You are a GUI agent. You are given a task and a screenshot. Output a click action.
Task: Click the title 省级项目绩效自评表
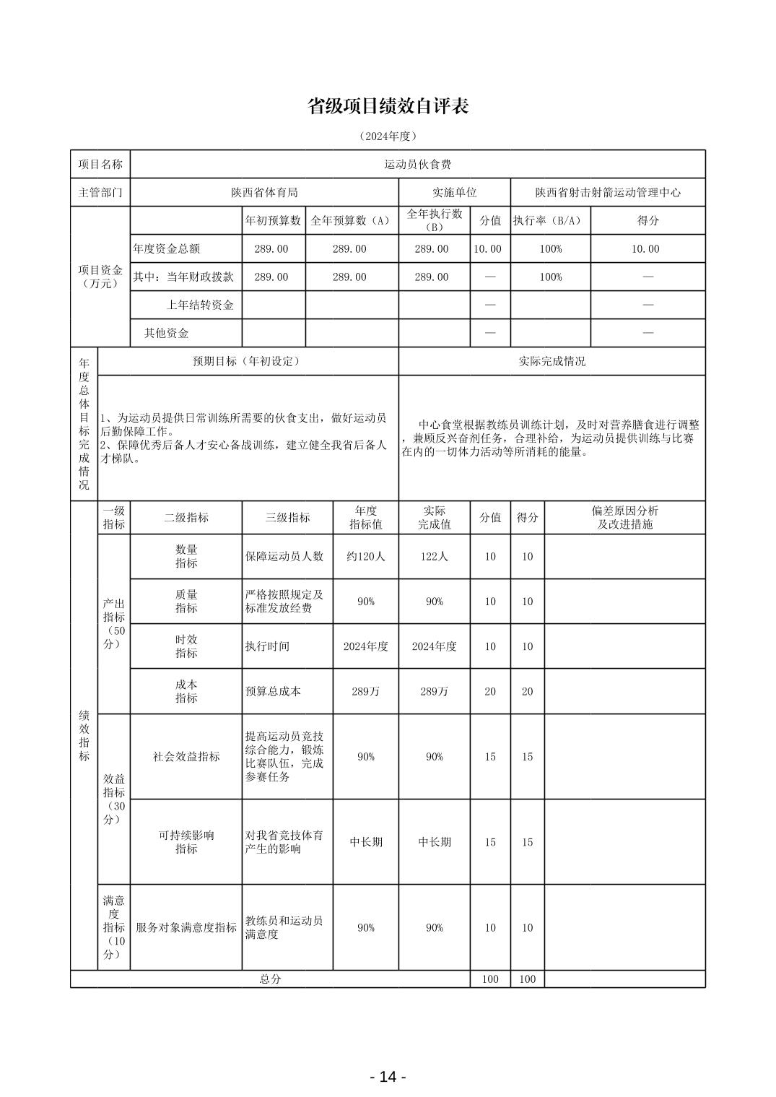(388, 106)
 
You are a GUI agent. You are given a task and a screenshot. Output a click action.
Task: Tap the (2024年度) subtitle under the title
(388, 136)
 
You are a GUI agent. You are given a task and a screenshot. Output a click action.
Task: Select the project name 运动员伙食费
(417, 165)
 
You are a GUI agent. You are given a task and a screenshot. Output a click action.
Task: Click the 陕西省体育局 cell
(264, 192)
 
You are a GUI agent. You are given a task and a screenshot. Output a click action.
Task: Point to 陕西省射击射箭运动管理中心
(608, 193)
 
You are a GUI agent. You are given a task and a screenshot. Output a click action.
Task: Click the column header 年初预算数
(274, 220)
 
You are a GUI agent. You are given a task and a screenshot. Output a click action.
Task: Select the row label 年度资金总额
(167, 248)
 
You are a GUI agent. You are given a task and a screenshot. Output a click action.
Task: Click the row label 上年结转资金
(200, 305)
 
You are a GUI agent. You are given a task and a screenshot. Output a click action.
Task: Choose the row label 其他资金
(167, 333)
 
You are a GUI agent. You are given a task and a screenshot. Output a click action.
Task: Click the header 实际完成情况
(552, 361)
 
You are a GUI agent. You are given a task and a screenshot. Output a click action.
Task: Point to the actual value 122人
(434, 556)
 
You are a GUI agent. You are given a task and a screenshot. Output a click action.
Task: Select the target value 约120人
(365, 556)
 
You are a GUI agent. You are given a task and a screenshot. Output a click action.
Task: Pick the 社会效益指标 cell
(186, 756)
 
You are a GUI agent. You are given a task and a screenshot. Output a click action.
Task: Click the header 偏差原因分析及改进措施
(624, 517)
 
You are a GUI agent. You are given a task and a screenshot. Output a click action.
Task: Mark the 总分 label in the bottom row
(270, 979)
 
